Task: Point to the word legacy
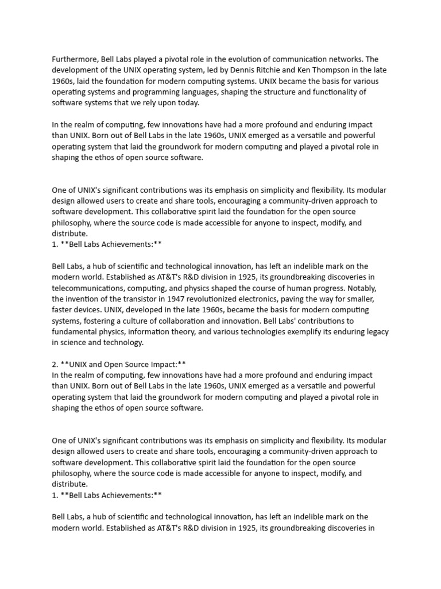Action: pyautogui.click(x=376, y=332)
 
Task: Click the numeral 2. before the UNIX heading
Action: pyautogui.click(x=55, y=365)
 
